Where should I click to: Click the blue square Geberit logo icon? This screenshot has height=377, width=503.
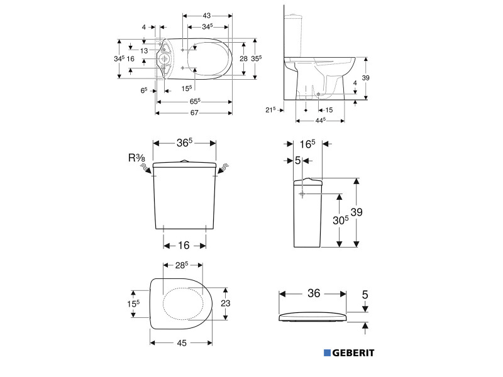coord(327,353)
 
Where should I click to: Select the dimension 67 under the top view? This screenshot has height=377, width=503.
coord(194,113)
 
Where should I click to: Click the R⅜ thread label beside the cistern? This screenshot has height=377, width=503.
coord(136,158)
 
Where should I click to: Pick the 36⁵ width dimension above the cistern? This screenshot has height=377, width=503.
coord(185,143)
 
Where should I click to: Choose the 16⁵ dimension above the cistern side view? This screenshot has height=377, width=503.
coord(308,145)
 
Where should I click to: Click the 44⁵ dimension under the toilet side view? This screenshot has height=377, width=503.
coord(319,120)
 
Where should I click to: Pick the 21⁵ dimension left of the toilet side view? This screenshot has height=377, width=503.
coord(271,109)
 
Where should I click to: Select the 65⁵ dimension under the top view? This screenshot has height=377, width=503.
coord(194,101)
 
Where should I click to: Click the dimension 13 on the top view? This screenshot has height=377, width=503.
coord(144,51)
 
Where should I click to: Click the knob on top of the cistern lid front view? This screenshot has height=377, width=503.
coord(185,161)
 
